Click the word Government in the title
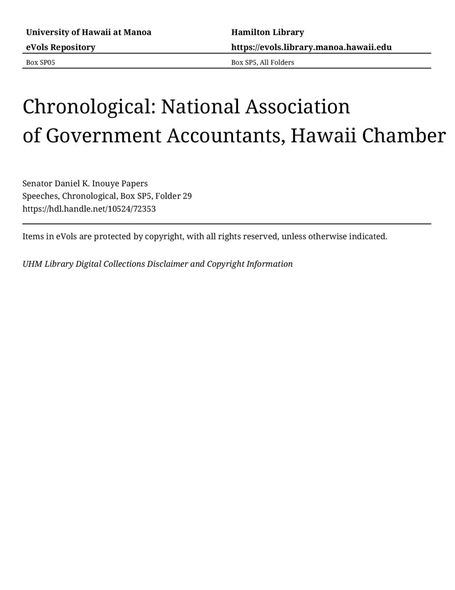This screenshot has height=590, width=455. (x=104, y=136)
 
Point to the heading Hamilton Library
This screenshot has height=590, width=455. (x=268, y=32)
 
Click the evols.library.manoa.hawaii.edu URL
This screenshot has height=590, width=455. (x=311, y=47)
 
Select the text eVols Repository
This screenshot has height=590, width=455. (x=60, y=47)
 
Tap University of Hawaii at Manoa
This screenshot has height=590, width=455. (x=88, y=32)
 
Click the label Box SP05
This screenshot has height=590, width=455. (x=37, y=62)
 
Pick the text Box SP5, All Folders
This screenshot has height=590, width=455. (x=263, y=62)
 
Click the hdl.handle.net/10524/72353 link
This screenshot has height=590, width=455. (x=89, y=208)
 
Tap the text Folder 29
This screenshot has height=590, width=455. (x=173, y=196)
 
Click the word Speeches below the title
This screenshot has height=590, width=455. (x=40, y=196)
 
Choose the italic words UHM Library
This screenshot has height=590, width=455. (x=48, y=264)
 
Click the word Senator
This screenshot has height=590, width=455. (x=37, y=183)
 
